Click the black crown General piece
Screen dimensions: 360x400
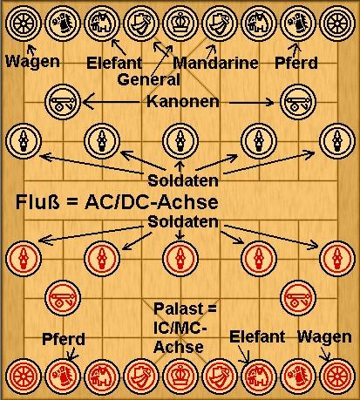180,24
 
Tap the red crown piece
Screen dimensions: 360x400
180,376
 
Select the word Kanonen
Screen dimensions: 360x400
183,101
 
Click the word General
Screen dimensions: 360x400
149,79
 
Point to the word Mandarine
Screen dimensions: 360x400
215,63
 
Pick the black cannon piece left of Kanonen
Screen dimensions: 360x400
63,102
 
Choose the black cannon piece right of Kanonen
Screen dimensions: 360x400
298,102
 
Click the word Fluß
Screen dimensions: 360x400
37,202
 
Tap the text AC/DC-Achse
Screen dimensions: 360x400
152,202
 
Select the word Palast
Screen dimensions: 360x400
179,308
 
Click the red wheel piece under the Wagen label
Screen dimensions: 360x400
337,376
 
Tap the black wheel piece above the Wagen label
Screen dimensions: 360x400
24,24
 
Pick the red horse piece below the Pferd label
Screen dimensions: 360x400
63,376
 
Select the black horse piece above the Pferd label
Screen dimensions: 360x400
298,24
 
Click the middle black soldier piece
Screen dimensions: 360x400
180,141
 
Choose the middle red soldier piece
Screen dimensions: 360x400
180,258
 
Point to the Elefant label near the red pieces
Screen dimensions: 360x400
257,336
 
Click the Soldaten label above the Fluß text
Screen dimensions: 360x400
183,180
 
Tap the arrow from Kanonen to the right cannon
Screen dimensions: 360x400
252,102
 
